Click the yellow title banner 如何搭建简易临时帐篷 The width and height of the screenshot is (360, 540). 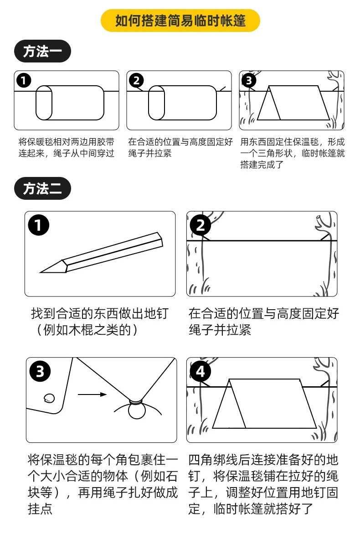(180, 21)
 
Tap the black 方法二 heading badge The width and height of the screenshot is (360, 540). (42, 188)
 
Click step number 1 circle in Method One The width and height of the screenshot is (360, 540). (24, 81)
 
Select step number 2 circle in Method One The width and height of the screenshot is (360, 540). (136, 81)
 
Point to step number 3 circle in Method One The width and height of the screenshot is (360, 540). (248, 81)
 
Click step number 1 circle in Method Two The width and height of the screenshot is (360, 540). (39, 225)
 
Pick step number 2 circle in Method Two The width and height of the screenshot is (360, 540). (201, 225)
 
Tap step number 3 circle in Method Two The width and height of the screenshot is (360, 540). (40, 372)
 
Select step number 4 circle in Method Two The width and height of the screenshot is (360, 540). (201, 372)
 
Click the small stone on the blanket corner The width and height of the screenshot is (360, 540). (49, 398)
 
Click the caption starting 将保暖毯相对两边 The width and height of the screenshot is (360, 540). (67, 147)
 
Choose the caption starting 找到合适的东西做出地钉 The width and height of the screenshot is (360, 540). (99, 322)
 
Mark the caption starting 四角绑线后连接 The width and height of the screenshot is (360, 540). (263, 484)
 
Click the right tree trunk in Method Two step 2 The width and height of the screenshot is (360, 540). (326, 265)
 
